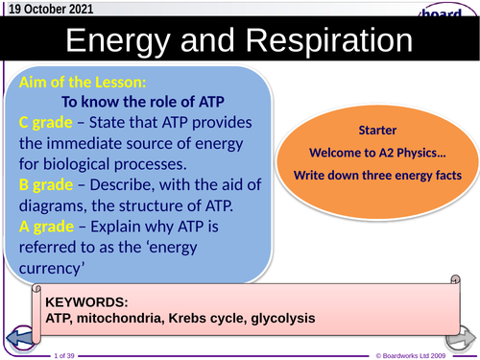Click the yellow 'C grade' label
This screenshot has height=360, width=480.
tap(49, 121)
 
